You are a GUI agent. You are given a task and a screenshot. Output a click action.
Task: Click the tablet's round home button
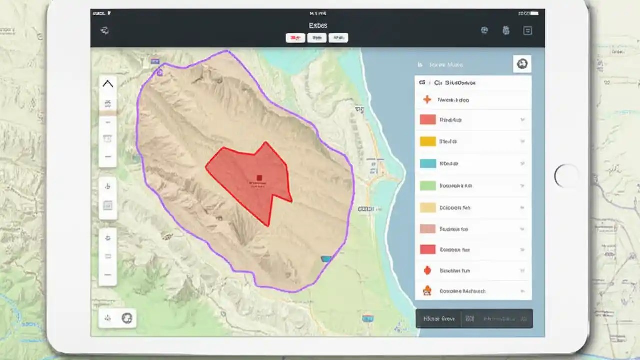(x=566, y=176)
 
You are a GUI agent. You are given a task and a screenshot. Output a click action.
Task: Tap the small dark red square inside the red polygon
(x=259, y=178)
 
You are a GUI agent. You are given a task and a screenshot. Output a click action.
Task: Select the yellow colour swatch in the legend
(x=428, y=141)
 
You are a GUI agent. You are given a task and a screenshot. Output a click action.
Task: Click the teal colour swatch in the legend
(x=428, y=163)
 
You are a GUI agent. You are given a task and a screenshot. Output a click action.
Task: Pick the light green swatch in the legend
(x=428, y=185)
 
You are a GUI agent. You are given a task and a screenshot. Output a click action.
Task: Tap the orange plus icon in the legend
(x=427, y=100)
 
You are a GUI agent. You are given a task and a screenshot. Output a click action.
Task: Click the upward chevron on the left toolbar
(x=108, y=84)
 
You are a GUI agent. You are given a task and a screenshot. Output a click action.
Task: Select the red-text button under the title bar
(x=295, y=38)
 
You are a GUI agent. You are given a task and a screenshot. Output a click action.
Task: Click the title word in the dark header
(x=318, y=25)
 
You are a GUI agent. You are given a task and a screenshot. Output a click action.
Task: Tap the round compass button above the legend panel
(x=522, y=64)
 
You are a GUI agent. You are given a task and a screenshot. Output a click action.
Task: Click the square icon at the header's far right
(x=527, y=31)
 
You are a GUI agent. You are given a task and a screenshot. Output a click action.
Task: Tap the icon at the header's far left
(x=105, y=31)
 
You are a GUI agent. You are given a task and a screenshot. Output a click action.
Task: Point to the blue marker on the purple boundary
(x=326, y=259)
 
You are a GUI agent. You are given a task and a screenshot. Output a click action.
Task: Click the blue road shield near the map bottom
(x=368, y=317)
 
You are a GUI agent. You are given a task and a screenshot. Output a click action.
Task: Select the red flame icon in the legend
(x=427, y=270)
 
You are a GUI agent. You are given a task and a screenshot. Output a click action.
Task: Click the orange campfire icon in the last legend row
(x=427, y=291)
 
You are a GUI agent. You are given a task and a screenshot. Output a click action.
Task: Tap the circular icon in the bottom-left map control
(x=127, y=318)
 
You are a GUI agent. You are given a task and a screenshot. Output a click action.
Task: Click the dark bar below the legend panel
(x=474, y=318)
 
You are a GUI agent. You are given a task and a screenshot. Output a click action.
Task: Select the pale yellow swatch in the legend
(x=428, y=207)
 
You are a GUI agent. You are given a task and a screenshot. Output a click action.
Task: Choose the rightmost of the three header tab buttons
(x=338, y=38)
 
